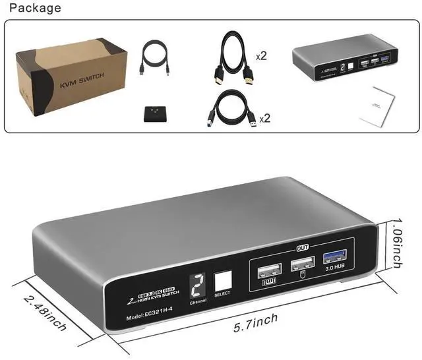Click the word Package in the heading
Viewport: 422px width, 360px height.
[x=35, y=8]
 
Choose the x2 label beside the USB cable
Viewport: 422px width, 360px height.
[x=265, y=119]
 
